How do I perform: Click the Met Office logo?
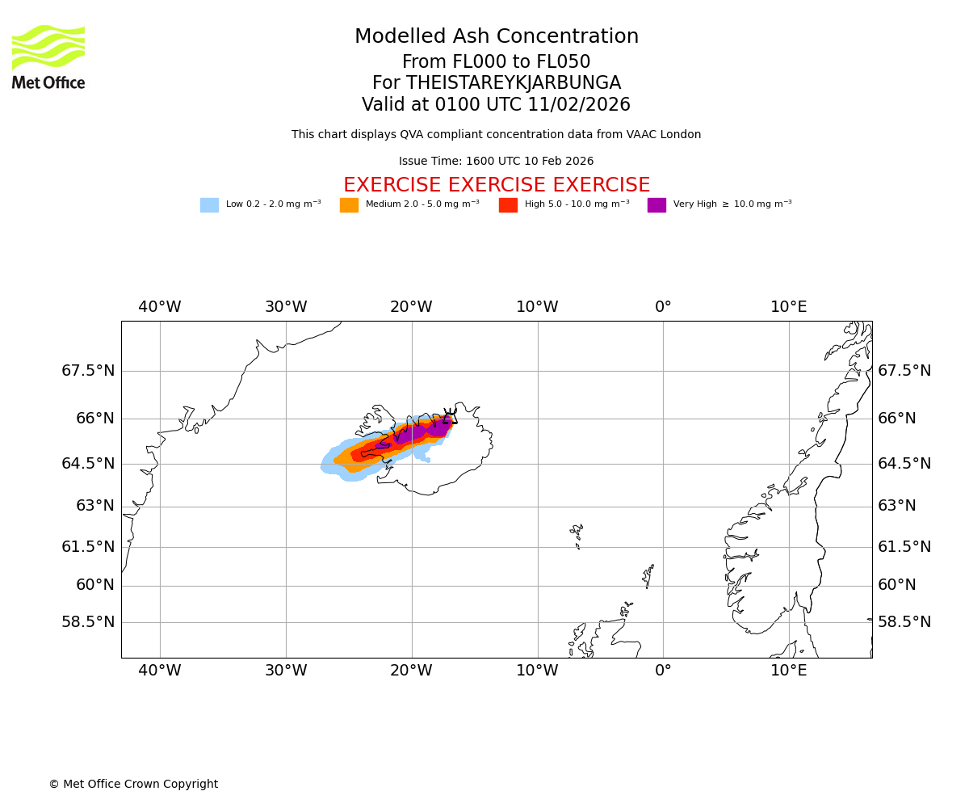coord(48,57)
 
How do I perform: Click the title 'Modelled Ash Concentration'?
coord(496,37)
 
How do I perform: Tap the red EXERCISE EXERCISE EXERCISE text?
coord(496,186)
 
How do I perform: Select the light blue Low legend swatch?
coord(209,205)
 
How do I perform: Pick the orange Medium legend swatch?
coord(349,205)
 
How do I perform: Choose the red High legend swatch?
coord(508,205)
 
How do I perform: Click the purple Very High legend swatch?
coord(656,205)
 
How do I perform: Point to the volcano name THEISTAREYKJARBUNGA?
coord(513,83)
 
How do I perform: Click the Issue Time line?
coord(496,162)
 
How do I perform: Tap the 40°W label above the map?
coord(160,307)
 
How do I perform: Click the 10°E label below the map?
coord(788,671)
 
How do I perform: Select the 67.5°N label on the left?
coord(89,371)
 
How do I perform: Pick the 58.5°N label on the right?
coord(904,622)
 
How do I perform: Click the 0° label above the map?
coord(663,307)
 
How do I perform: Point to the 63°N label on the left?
coord(94,506)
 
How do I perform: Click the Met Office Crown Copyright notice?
coord(133,785)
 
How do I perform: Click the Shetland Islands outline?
coord(648,575)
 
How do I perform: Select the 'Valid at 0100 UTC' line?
coord(496,105)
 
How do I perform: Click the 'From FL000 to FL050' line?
coord(496,62)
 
